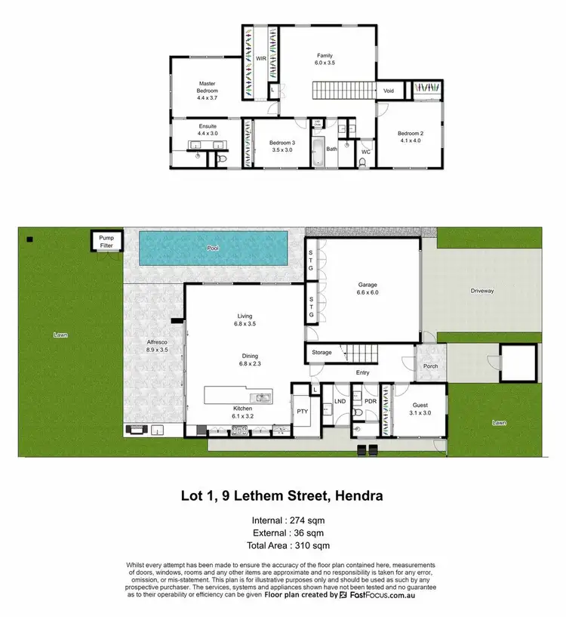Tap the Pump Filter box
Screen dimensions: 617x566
(x=105, y=242)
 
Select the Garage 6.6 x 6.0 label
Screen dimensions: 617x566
(x=368, y=288)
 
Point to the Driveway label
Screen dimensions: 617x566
(x=481, y=289)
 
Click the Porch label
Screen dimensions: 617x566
(x=430, y=366)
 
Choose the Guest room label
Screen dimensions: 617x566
(x=419, y=409)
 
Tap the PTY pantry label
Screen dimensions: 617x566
(x=303, y=412)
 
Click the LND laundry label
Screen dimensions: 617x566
(x=340, y=402)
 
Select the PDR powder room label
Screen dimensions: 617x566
(x=370, y=402)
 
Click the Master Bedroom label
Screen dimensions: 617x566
(x=208, y=88)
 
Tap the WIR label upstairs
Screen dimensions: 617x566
(x=260, y=57)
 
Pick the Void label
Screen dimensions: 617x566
(x=389, y=91)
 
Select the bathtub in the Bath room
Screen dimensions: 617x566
(x=318, y=145)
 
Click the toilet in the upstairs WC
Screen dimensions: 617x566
(x=364, y=161)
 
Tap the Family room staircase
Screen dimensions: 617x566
(x=343, y=91)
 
